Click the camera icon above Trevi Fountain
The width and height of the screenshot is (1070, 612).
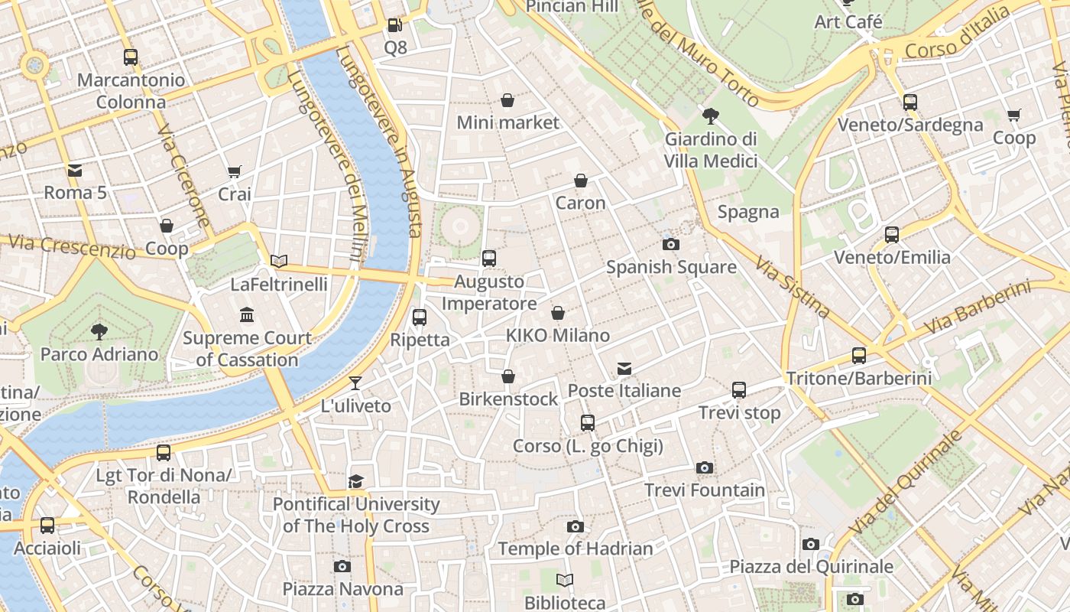tap(704, 467)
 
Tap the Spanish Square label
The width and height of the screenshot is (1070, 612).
tap(671, 267)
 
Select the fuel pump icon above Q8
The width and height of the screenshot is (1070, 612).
tap(394, 25)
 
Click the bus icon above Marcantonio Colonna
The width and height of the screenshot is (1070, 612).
tap(131, 57)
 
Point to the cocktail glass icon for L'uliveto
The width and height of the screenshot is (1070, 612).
tap(355, 383)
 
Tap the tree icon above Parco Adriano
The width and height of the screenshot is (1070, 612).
tap(99, 331)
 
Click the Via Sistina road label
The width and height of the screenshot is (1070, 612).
tap(793, 287)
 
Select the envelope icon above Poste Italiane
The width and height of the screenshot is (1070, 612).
tap(624, 369)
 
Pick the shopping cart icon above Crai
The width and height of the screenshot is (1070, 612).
tap(235, 172)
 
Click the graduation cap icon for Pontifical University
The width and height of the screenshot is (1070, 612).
tap(356, 481)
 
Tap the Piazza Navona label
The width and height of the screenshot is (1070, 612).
tap(343, 589)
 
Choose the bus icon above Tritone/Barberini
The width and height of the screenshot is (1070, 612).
tap(859, 356)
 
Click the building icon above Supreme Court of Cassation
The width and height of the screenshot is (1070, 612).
tap(247, 315)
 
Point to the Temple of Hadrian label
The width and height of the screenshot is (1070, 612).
tap(576, 549)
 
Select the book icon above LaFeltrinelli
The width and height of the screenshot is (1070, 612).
tap(279, 262)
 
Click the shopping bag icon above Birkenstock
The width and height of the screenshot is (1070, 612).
tap(508, 376)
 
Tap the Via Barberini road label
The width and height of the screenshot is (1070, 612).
tap(978, 308)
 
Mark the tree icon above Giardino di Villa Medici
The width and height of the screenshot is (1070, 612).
tap(711, 117)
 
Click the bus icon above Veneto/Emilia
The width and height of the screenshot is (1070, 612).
tap(892, 235)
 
